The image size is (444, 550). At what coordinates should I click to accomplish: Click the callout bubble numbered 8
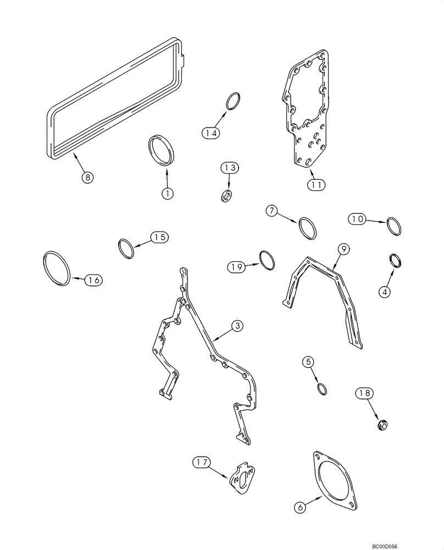(x=87, y=177)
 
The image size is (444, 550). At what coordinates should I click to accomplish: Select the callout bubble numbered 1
(x=167, y=193)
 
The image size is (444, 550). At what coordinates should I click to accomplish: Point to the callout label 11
(x=315, y=185)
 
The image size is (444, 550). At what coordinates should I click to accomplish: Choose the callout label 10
(x=358, y=219)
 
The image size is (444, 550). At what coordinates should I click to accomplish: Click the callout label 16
(x=93, y=280)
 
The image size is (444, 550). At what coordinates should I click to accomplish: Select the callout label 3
(x=236, y=327)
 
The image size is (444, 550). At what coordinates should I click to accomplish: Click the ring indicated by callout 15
(x=127, y=248)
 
